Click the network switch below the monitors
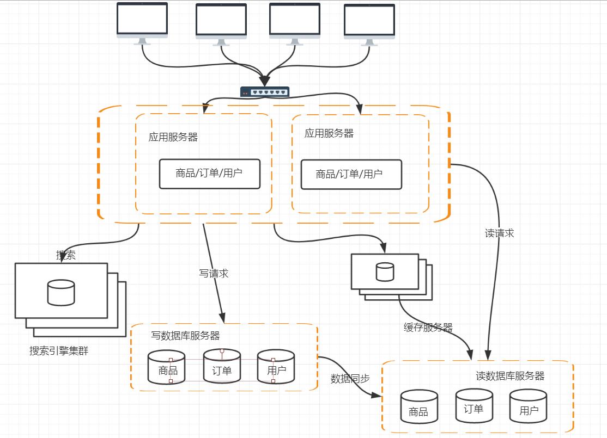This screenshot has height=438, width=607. [265, 91]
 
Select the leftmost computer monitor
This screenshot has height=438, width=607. [142, 23]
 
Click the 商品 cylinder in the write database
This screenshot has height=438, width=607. [167, 367]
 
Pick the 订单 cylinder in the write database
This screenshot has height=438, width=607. [222, 366]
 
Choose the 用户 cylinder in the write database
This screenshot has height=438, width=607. [276, 367]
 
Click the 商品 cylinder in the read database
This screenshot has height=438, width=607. [419, 406]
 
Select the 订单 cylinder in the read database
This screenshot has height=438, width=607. [474, 405]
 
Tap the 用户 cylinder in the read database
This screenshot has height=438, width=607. [529, 406]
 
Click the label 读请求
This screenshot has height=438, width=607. [499, 233]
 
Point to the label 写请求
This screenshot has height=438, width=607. [214, 273]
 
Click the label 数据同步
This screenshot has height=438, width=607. [350, 379]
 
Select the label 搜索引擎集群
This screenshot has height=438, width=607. [59, 350]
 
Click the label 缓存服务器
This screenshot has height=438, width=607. [428, 328]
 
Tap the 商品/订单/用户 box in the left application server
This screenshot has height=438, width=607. [210, 174]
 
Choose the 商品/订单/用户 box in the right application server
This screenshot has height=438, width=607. [351, 175]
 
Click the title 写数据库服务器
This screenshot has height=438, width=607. [185, 336]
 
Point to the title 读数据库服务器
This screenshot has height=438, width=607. [510, 376]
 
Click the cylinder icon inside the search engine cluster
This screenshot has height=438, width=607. [61, 293]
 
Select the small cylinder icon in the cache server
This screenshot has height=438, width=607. [385, 272]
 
